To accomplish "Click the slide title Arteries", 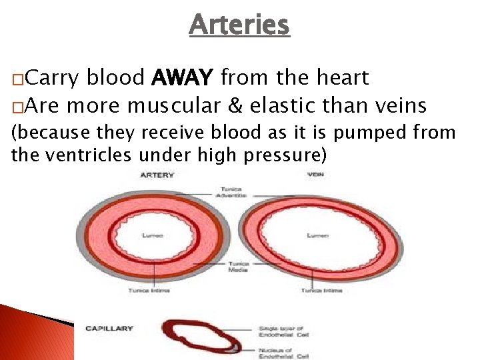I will (239, 25).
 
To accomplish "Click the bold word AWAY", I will (182, 79).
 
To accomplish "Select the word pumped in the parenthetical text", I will (369, 133).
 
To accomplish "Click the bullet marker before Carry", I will (15, 80).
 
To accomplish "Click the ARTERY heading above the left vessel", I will (157, 175).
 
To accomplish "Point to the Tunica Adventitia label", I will (231, 192).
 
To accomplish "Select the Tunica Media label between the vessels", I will (238, 267).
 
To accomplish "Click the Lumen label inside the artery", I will (148, 235).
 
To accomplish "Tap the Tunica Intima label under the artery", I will (145, 291).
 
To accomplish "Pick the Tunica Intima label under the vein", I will (317, 291).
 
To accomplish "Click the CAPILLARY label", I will (109, 328).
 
